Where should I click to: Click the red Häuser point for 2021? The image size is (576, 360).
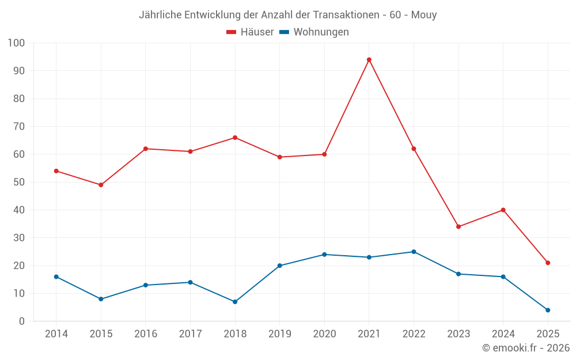[x=369, y=60]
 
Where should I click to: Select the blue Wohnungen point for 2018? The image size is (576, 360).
[x=235, y=302]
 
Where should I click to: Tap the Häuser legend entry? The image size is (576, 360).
[x=250, y=32]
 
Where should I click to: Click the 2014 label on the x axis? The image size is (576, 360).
[x=56, y=334]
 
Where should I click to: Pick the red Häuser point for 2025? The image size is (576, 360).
[x=548, y=263]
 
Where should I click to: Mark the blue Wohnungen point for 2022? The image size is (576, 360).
[x=414, y=252]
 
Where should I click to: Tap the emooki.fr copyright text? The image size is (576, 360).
[x=526, y=348]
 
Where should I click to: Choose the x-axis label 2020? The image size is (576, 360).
[x=324, y=334]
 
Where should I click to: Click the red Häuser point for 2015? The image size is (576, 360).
[x=101, y=185]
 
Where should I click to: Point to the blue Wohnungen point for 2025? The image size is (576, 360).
[x=548, y=310]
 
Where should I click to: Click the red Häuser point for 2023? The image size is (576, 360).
[x=458, y=226]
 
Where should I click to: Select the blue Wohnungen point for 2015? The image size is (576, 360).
[x=101, y=299]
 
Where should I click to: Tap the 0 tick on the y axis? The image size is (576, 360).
[x=22, y=321]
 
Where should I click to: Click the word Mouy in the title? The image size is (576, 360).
[x=425, y=15]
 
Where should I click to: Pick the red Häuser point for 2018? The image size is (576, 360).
[x=235, y=138]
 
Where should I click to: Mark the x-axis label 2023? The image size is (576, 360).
[x=458, y=334]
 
